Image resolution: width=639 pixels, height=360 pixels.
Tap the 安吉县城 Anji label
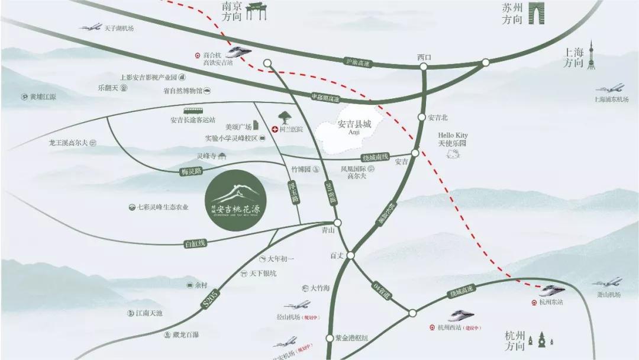354,127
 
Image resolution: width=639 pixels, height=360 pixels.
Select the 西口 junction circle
424,67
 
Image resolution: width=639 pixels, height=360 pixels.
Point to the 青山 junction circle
337,223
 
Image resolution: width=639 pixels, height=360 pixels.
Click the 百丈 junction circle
350,255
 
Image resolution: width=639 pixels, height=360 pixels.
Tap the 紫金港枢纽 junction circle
330,338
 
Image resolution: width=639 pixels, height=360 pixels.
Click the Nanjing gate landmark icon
257,11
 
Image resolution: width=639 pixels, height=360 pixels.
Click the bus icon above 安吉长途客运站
192,111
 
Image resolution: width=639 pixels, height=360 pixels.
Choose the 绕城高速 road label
461,292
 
